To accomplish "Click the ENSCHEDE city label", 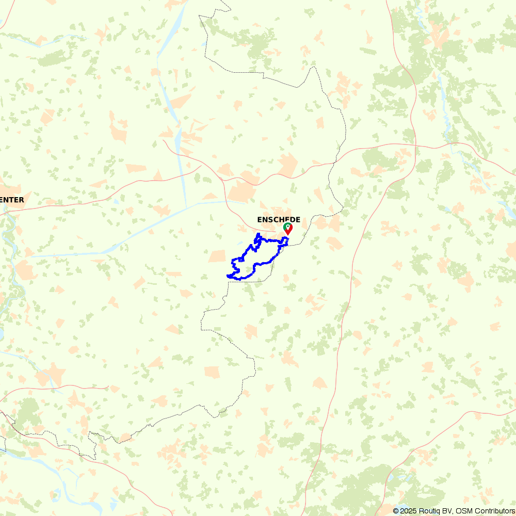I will coord(278,220).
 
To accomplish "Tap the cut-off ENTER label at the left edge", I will coord(12,200).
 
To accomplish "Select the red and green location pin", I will coord(287,228).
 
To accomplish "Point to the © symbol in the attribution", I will coord(396,511).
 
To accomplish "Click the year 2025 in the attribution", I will coord(408,511).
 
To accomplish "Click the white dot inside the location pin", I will coord(287,226).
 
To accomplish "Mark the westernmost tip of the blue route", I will coord(228,276).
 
